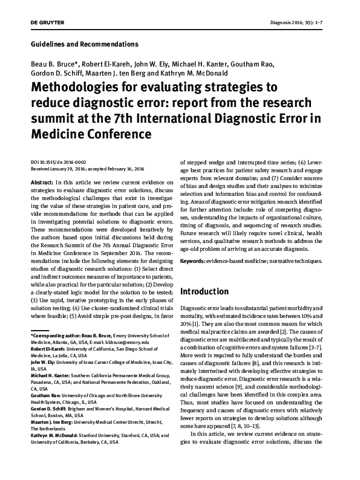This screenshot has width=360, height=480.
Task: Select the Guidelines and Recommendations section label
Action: point(84,44)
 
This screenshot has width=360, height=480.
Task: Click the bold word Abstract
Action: point(40,182)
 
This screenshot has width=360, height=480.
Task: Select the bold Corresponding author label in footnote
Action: point(56,336)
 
